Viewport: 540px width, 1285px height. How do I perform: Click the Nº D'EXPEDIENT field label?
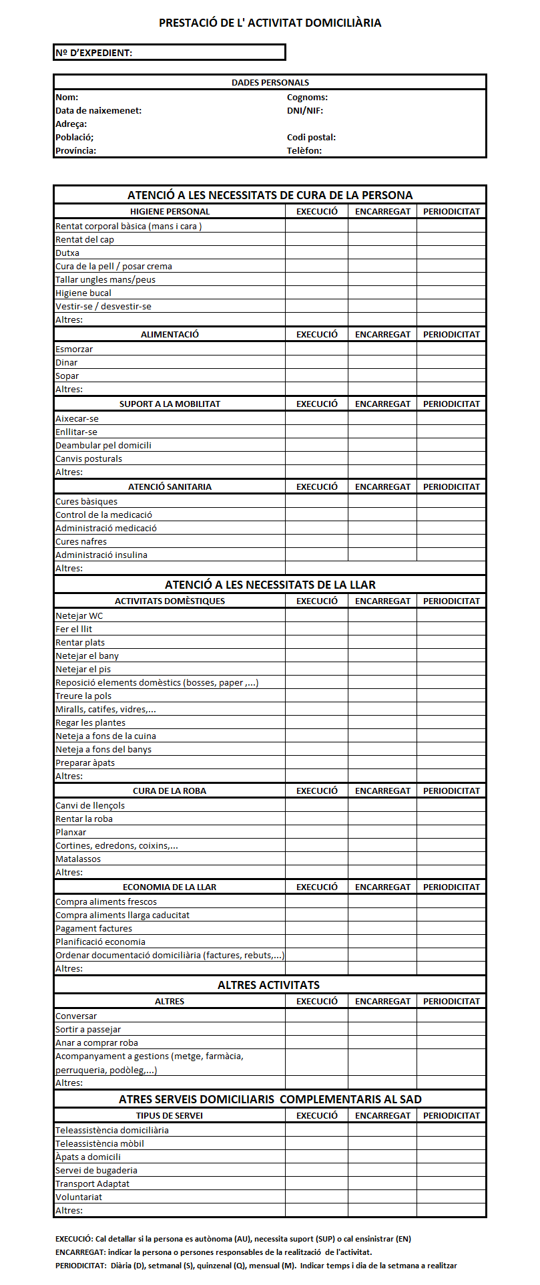point(94,53)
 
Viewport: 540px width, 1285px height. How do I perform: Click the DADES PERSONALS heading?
point(270,83)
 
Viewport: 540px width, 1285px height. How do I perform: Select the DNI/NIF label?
point(305,111)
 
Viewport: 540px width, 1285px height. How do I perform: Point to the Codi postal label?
point(311,138)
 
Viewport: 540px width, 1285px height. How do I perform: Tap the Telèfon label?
point(304,151)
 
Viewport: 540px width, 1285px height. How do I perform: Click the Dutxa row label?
point(67,253)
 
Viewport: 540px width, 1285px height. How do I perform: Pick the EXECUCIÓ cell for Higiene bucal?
point(316,293)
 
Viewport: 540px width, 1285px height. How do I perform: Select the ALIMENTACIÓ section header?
point(170,335)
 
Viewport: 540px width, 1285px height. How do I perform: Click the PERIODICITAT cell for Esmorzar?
point(451,349)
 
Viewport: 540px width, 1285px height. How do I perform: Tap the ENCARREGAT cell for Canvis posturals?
point(382,459)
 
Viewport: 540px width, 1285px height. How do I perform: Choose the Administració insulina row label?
point(101,555)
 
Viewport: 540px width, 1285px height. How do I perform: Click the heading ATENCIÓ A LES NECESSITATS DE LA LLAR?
point(270,585)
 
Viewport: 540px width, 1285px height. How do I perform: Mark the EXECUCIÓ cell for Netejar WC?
point(316,616)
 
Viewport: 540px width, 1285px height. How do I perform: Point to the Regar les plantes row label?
point(90,723)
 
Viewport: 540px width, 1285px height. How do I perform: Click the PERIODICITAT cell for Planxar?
point(451,833)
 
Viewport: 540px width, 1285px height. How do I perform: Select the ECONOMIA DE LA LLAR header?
point(170,887)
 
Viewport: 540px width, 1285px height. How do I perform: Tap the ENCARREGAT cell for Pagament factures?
point(382,929)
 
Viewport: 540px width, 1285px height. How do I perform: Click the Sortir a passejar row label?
point(88,1030)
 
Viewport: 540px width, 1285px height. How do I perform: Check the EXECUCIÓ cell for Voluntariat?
point(316,1197)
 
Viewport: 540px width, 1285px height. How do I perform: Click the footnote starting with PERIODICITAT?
point(256,1266)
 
